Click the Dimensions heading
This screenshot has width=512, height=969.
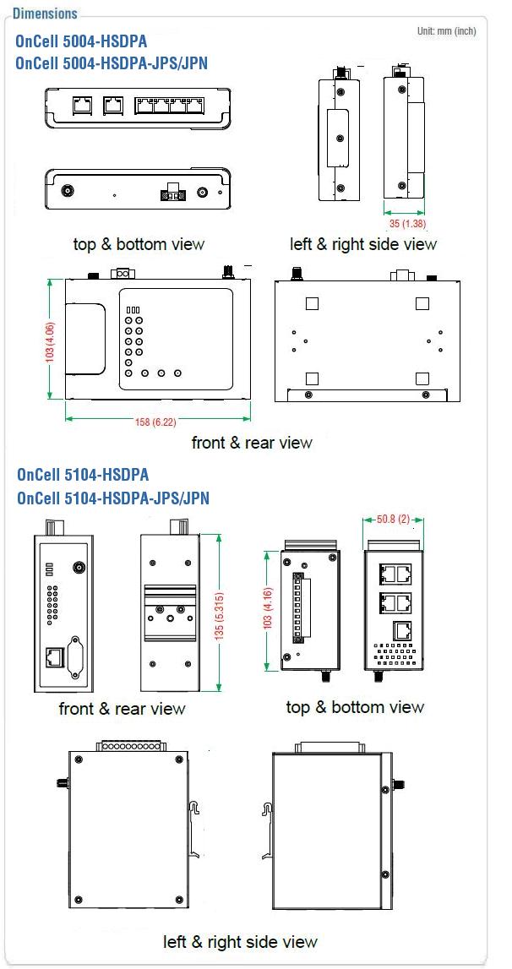pos(45,13)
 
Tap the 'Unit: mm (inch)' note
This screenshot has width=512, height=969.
pos(446,31)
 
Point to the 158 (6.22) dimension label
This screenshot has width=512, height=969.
pos(157,422)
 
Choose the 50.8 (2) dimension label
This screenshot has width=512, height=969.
pos(394,520)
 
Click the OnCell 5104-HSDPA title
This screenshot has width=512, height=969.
pos(83,475)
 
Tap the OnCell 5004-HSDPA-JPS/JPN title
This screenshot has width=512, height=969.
pos(112,63)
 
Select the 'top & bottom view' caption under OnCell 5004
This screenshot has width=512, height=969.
pos(139,244)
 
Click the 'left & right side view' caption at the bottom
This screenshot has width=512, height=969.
pos(240,942)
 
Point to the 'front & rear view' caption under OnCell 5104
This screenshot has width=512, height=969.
pos(122,708)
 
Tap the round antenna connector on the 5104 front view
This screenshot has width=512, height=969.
pos(79,568)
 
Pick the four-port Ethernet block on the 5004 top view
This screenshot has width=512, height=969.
pos(170,105)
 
